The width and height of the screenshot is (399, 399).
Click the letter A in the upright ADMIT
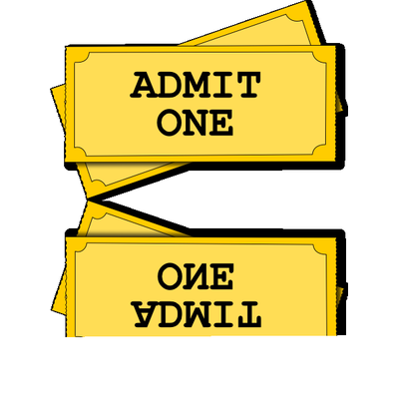click(x=143, y=85)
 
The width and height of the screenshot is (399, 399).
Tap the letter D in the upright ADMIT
click(x=170, y=85)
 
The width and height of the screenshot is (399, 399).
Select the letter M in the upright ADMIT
click(x=196, y=85)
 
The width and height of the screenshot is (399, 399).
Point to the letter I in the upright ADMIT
click(x=221, y=85)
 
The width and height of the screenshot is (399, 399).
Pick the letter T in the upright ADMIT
click(x=246, y=85)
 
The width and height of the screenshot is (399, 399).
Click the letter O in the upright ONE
click(x=170, y=123)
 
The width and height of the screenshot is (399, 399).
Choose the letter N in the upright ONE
click(x=196, y=123)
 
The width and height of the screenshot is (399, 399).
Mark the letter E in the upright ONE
click(x=220, y=123)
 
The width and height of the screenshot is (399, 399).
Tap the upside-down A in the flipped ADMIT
click(x=143, y=313)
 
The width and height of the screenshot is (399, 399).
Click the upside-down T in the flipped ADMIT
click(x=246, y=313)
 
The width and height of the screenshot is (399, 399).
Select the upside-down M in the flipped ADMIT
click(x=196, y=313)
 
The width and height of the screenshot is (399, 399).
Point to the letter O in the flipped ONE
click(x=170, y=276)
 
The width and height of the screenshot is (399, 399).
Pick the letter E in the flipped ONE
click(x=220, y=276)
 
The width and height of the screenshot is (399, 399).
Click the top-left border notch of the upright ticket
click(x=81, y=59)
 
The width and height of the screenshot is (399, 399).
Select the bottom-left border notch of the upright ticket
click(x=81, y=150)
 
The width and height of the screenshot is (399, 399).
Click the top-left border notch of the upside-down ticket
click(x=82, y=249)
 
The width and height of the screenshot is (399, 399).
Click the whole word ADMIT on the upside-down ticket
click(x=196, y=313)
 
